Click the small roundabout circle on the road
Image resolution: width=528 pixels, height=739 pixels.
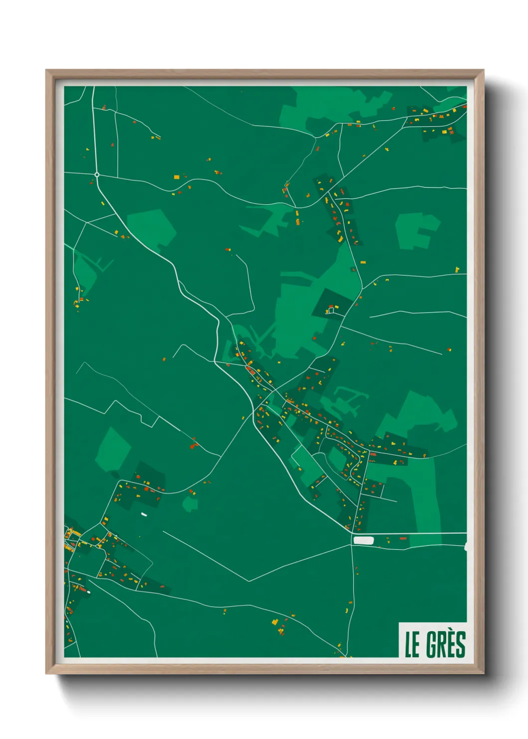(97, 175)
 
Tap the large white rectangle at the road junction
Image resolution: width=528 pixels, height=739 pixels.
(363, 540)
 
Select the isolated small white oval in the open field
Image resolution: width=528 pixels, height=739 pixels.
(144, 514)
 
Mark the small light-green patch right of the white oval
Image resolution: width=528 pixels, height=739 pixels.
(190, 503)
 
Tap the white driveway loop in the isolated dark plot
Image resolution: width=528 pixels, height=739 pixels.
(331, 311)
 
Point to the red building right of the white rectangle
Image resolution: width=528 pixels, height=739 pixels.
(403, 539)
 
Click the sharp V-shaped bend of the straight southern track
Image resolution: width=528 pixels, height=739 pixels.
(249, 581)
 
